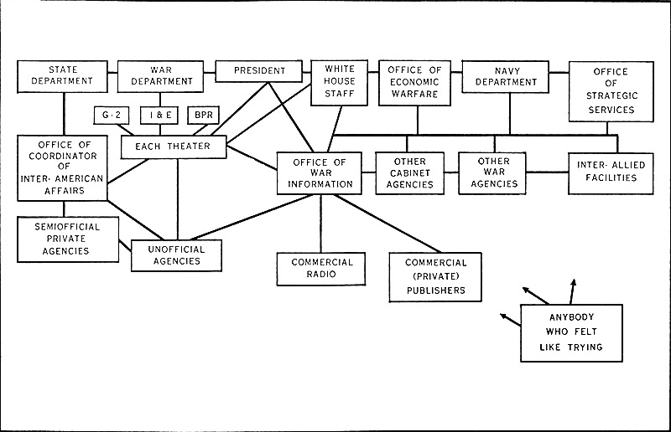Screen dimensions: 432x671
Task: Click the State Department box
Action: (64, 75)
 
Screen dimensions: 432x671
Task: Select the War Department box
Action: (160, 75)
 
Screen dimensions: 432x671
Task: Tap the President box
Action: (261, 71)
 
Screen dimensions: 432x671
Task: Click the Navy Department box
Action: (505, 76)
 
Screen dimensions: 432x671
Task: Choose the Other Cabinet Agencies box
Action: (410, 172)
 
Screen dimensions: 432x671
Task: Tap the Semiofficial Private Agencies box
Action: (67, 239)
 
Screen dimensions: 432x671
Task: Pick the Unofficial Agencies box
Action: (176, 255)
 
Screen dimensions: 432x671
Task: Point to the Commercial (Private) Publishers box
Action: (435, 276)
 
